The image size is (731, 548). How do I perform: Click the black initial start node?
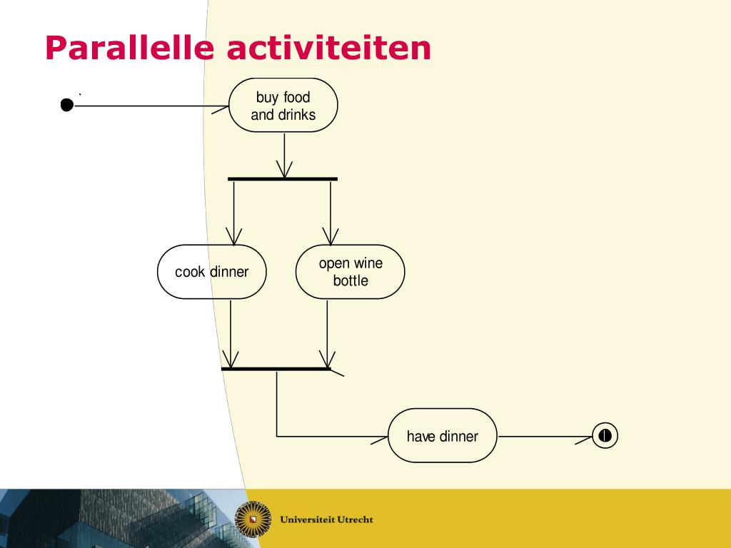pyautogui.click(x=66, y=106)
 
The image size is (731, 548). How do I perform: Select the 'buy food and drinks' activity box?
pyautogui.click(x=283, y=106)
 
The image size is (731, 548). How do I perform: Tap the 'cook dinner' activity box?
pyautogui.click(x=211, y=272)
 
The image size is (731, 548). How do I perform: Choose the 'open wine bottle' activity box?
pyautogui.click(x=350, y=272)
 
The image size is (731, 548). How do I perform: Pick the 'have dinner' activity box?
pyautogui.click(x=443, y=436)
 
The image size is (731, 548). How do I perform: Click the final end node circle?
pyautogui.click(x=605, y=435)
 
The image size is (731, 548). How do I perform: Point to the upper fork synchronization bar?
pyautogui.click(x=283, y=178)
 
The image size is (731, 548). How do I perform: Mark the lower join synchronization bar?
pyautogui.click(x=276, y=369)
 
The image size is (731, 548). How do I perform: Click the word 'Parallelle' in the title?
pyautogui.click(x=129, y=49)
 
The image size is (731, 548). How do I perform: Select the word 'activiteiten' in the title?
pyautogui.click(x=329, y=49)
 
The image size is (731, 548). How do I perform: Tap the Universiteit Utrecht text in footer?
pyautogui.click(x=326, y=519)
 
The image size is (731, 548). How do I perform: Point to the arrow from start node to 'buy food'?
pyautogui.click(x=150, y=106)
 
